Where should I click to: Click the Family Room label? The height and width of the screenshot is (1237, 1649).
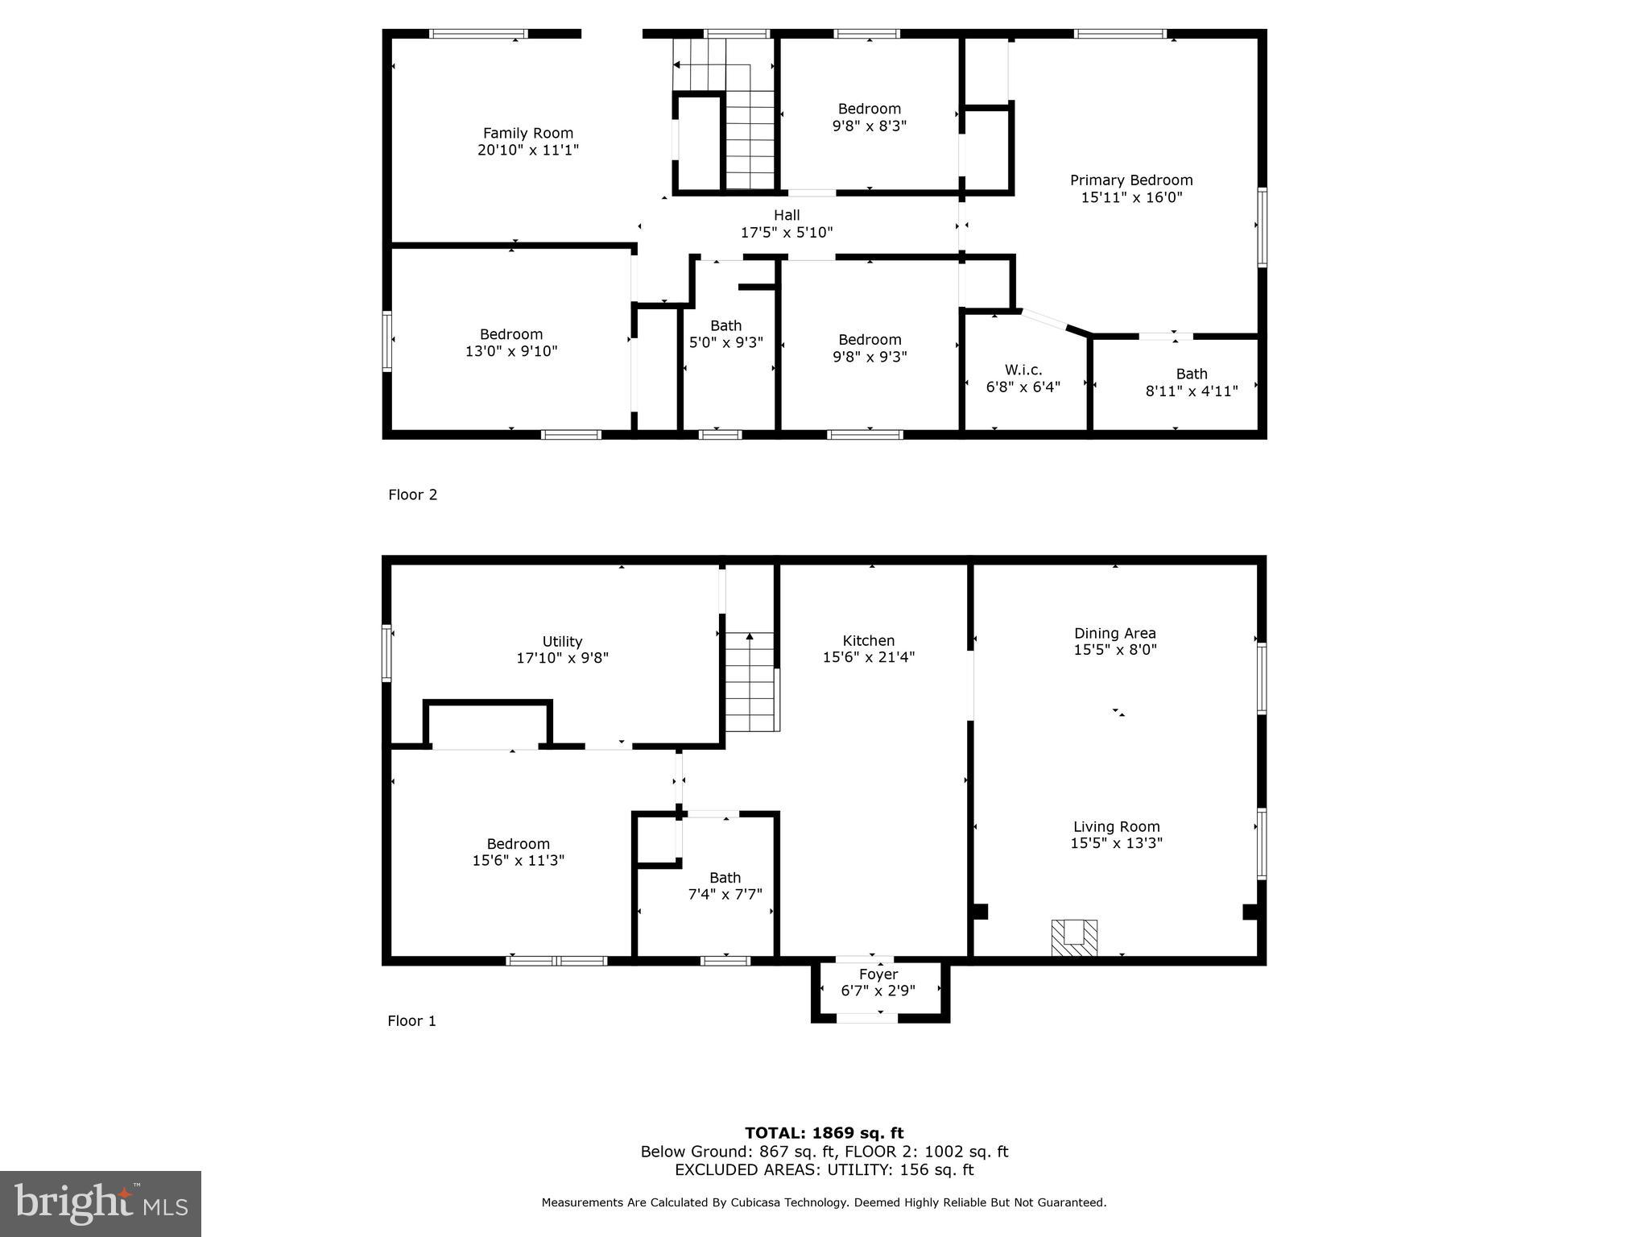528,134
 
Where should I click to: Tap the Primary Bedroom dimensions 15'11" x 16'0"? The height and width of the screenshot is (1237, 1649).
1131,197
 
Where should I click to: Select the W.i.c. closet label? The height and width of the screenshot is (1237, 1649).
1023,370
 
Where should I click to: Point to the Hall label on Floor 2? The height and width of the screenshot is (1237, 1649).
787,215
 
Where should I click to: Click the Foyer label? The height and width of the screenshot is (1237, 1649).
878,974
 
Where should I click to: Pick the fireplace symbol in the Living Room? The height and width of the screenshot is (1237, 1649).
1074,937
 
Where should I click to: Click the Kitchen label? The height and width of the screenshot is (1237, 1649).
869,641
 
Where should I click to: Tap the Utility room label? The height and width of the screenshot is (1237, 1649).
562,642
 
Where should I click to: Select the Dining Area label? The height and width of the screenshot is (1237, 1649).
1115,634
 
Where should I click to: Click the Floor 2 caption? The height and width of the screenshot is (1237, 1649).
413,494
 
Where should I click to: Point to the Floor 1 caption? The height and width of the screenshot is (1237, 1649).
412,1021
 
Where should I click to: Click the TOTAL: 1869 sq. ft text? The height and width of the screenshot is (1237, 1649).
824,1133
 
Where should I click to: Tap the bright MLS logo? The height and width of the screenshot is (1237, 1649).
101,1203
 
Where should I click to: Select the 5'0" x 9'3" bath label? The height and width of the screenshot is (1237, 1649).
726,334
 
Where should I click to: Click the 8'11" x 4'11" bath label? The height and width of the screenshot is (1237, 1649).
1192,383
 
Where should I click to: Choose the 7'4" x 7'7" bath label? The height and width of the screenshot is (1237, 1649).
725,886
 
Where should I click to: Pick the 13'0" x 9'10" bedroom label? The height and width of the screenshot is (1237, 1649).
511,343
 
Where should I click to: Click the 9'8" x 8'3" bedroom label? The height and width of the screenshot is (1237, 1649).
870,118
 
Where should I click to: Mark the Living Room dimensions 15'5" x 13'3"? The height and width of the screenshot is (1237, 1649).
1116,843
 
